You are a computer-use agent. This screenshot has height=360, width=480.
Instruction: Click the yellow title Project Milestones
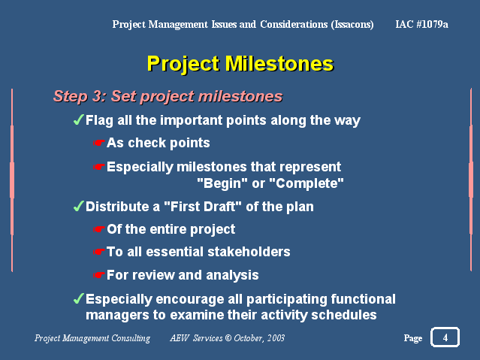point(240,64)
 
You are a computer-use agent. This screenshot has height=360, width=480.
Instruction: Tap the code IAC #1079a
point(422,24)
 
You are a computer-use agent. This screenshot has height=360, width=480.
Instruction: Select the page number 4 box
point(445,337)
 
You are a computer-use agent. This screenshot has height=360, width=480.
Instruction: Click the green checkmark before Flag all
point(79,119)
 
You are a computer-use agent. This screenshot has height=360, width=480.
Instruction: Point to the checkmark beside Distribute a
point(79,206)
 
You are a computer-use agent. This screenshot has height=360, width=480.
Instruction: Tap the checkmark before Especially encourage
point(79,298)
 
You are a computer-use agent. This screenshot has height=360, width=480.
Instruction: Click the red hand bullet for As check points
point(99,143)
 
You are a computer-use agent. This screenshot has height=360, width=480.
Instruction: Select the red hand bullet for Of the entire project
point(99,229)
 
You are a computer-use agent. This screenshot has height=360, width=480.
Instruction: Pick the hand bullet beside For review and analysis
point(99,275)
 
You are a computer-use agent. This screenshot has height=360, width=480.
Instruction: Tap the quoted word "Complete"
point(306,183)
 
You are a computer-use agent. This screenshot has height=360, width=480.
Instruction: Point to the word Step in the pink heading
point(71,96)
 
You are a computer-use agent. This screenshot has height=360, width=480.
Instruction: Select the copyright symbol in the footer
point(228,338)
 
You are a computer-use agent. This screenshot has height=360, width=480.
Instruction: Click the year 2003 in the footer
point(276,338)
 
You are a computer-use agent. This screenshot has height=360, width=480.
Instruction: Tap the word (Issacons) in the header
point(352,25)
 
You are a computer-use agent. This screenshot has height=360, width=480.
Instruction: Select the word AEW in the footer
point(180,338)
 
